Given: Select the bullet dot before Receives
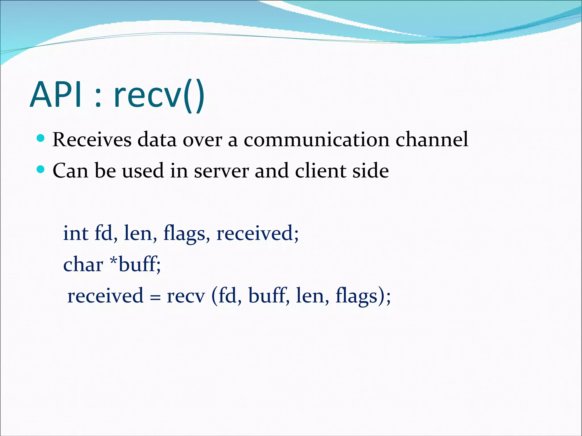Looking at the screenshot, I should click(41, 139).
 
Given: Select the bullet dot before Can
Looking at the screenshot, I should click(41, 170).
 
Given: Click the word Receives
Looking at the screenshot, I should click(92, 139).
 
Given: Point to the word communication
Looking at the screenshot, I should click(316, 139).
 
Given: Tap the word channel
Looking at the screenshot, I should click(432, 139).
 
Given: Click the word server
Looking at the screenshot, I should click(221, 171).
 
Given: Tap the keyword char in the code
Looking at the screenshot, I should click(83, 264).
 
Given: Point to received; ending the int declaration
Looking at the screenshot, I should click(257, 233).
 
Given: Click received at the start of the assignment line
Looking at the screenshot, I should click(105, 296).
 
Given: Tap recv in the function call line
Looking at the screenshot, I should click(186, 296).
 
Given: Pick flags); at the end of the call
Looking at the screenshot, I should click(363, 296).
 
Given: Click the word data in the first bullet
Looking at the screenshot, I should click(157, 139).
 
